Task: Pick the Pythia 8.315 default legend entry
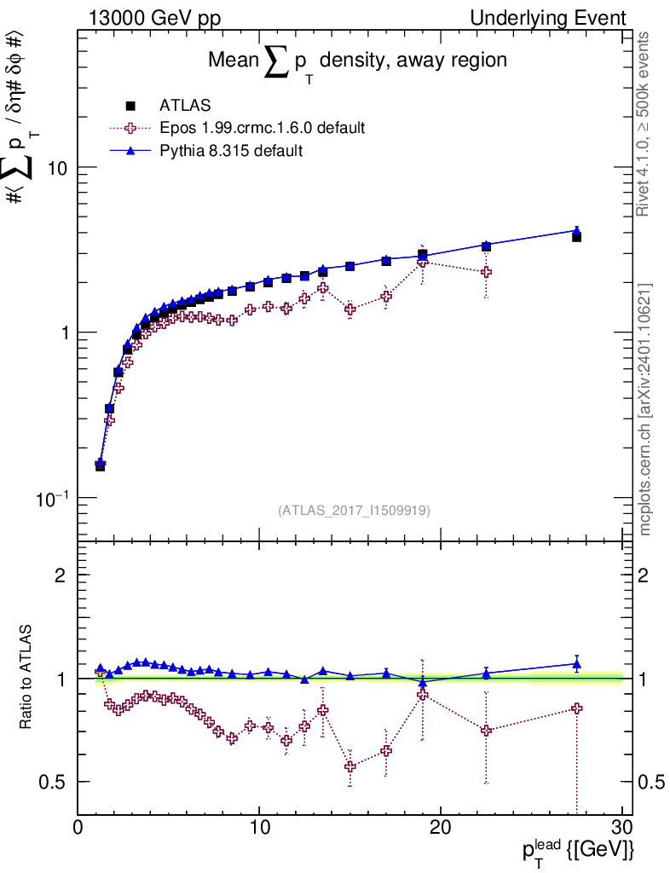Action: coord(230,151)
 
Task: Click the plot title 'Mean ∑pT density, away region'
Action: coord(358,61)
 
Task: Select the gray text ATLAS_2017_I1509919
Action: coord(354,511)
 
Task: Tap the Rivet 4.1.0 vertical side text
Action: coord(645,124)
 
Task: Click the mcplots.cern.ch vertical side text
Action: coord(645,409)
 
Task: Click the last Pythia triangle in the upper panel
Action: coord(576,230)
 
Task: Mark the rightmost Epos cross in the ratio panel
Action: coord(576,708)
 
